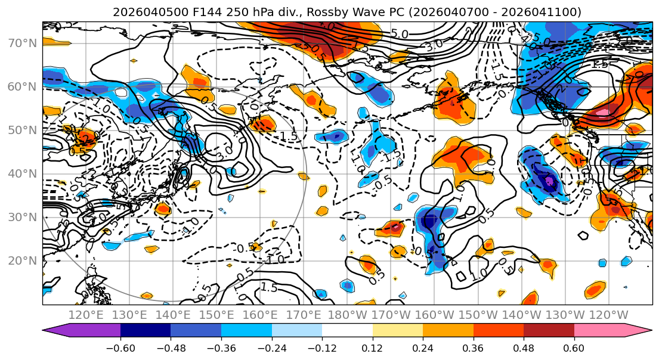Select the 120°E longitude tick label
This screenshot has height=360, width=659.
tap(86, 315)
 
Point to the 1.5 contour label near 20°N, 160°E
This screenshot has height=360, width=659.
tap(269, 288)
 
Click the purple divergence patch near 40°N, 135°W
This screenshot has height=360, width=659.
tap(549, 181)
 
